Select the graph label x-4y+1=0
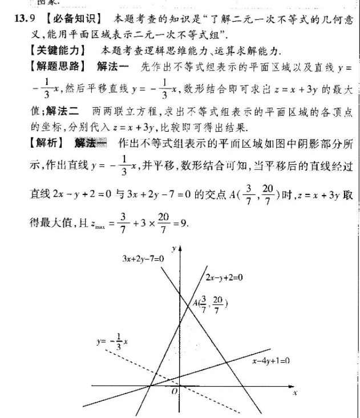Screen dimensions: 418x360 271,360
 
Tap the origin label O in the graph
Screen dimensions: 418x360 174,392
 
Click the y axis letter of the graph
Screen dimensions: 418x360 180,250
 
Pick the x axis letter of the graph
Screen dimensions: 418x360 294,393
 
